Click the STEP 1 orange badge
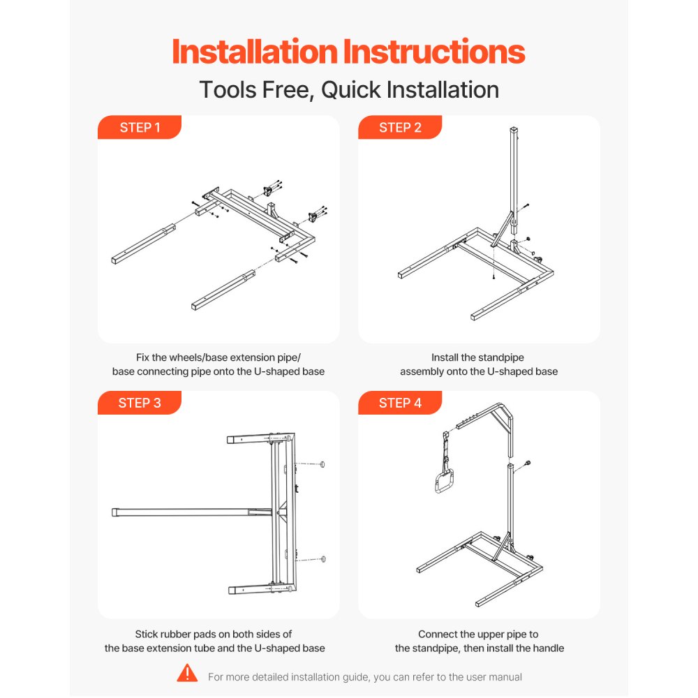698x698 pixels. pyautogui.click(x=140, y=128)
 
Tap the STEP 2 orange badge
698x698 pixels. pyautogui.click(x=400, y=128)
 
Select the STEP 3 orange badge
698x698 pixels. pyautogui.click(x=140, y=403)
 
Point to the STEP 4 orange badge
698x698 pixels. pyautogui.click(x=400, y=403)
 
